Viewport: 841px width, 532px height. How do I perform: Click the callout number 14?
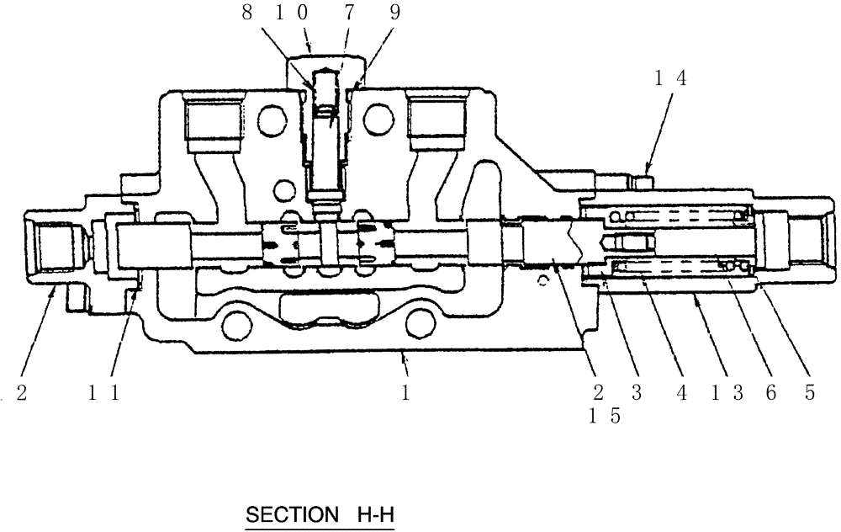(671, 79)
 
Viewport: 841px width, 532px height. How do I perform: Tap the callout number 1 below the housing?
(406, 393)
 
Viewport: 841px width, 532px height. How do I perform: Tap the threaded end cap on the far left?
(52, 249)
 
